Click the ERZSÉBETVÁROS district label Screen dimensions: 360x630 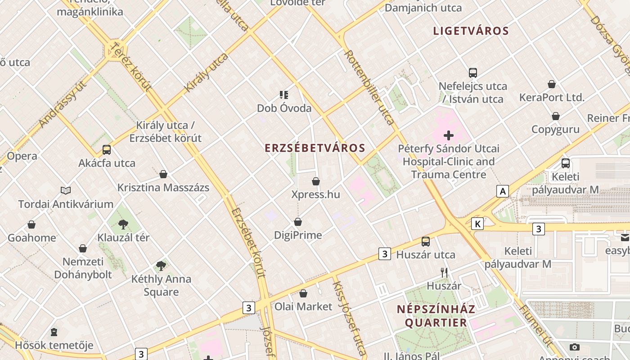click(315, 148)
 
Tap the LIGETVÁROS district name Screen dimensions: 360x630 click(471, 31)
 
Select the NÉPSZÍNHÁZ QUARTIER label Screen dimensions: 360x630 click(436, 316)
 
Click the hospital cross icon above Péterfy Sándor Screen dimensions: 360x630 click(448, 135)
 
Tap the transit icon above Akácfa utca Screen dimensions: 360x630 click(107, 150)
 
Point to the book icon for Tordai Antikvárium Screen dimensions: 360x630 click(66, 191)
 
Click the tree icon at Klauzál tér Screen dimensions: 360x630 click(123, 224)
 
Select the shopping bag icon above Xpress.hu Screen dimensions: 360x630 click(316, 181)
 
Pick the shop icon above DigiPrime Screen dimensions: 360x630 click(298, 222)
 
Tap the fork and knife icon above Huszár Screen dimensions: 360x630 click(444, 272)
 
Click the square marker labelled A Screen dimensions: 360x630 click(503, 191)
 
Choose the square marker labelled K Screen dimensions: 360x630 click(477, 224)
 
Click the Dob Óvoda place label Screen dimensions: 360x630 click(284, 108)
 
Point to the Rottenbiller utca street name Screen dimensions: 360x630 click(369, 87)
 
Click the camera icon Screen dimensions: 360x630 click(575, 347)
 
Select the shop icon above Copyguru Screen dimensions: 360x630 click(556, 116)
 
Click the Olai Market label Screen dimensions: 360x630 click(303, 306)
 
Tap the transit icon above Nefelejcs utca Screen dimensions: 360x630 click(473, 72)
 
